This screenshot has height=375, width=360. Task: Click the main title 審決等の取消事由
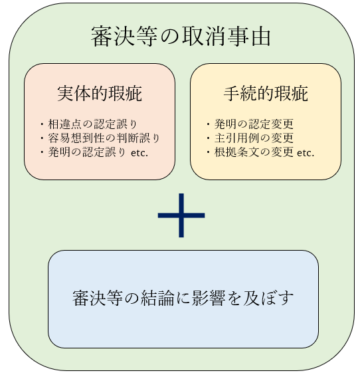point(181,37)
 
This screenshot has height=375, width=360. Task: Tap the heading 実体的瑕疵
point(100,94)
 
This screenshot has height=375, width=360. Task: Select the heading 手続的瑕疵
point(266,94)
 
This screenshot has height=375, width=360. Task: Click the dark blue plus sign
point(181,215)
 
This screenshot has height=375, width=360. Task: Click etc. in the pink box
point(139,153)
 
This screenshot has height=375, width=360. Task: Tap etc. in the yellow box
point(306,153)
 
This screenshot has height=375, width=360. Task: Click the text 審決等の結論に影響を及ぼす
point(183,299)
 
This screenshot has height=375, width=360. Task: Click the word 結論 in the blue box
point(157,299)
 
